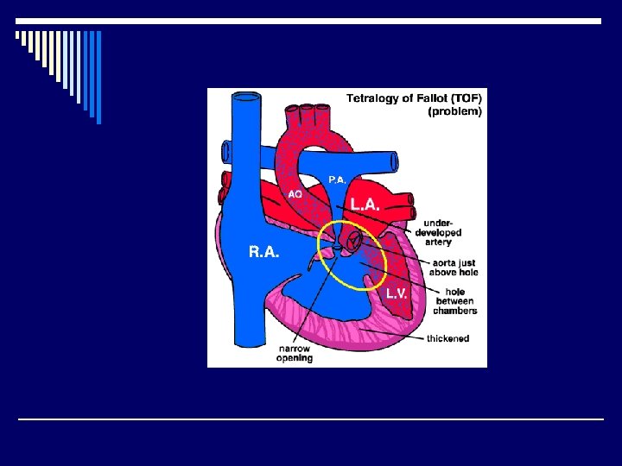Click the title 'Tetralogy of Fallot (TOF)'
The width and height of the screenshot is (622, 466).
[415, 98]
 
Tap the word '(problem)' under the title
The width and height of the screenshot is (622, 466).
[455, 111]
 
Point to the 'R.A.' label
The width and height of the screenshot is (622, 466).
[263, 252]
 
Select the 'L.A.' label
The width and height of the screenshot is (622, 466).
[365, 204]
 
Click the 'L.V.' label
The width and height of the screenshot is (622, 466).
[397, 293]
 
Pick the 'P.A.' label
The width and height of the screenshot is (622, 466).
[337, 179]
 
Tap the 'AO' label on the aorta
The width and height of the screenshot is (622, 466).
[295, 195]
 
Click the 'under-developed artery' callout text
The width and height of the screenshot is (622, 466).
[438, 232]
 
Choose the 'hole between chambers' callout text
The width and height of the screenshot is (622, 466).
[455, 301]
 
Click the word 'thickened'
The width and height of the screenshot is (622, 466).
[447, 338]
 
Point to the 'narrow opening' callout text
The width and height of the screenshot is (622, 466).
[295, 353]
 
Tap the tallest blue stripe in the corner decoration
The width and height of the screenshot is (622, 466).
[98, 78]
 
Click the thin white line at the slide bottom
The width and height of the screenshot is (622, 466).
[311, 419]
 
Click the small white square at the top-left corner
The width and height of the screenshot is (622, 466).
[17, 35]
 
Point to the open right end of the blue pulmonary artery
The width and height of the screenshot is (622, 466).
[394, 161]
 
